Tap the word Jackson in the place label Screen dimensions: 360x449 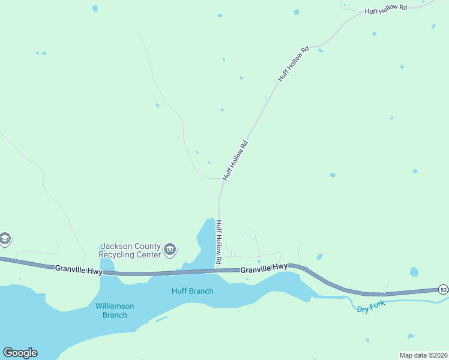(x=115, y=246)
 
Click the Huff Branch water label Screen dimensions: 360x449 (x=192, y=291)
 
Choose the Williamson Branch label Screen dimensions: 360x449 (x=115, y=310)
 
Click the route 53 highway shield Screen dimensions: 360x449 (x=443, y=289)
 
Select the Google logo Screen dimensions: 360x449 (x=20, y=353)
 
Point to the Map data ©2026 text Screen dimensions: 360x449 (x=423, y=355)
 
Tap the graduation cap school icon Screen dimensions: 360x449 (x=4, y=239)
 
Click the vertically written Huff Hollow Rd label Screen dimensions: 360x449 (x=219, y=243)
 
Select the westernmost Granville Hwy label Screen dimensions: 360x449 (x=78, y=269)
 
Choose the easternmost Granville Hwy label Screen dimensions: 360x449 (x=264, y=270)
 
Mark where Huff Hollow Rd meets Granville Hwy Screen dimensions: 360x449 (x=219, y=270)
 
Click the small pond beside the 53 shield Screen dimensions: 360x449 (x=414, y=272)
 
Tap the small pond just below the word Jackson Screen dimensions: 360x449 (x=107, y=264)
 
